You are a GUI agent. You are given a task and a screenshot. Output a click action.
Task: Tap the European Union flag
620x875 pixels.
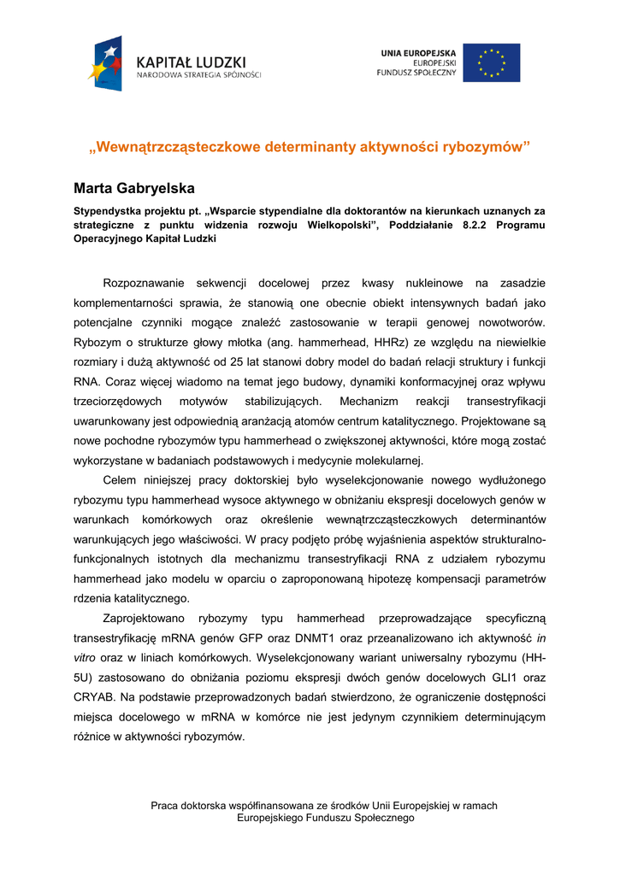tap(491, 62)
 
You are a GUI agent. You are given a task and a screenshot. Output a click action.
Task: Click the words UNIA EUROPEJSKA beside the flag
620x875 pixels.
tap(418, 53)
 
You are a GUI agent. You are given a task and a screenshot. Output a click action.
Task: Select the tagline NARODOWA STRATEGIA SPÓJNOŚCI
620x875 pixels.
tap(199, 75)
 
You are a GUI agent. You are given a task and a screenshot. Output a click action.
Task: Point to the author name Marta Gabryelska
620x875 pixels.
tap(133, 188)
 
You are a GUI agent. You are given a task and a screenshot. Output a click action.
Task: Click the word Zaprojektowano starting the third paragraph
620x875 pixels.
tap(142, 618)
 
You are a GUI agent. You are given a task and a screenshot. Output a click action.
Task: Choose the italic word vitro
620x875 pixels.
tap(85, 658)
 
